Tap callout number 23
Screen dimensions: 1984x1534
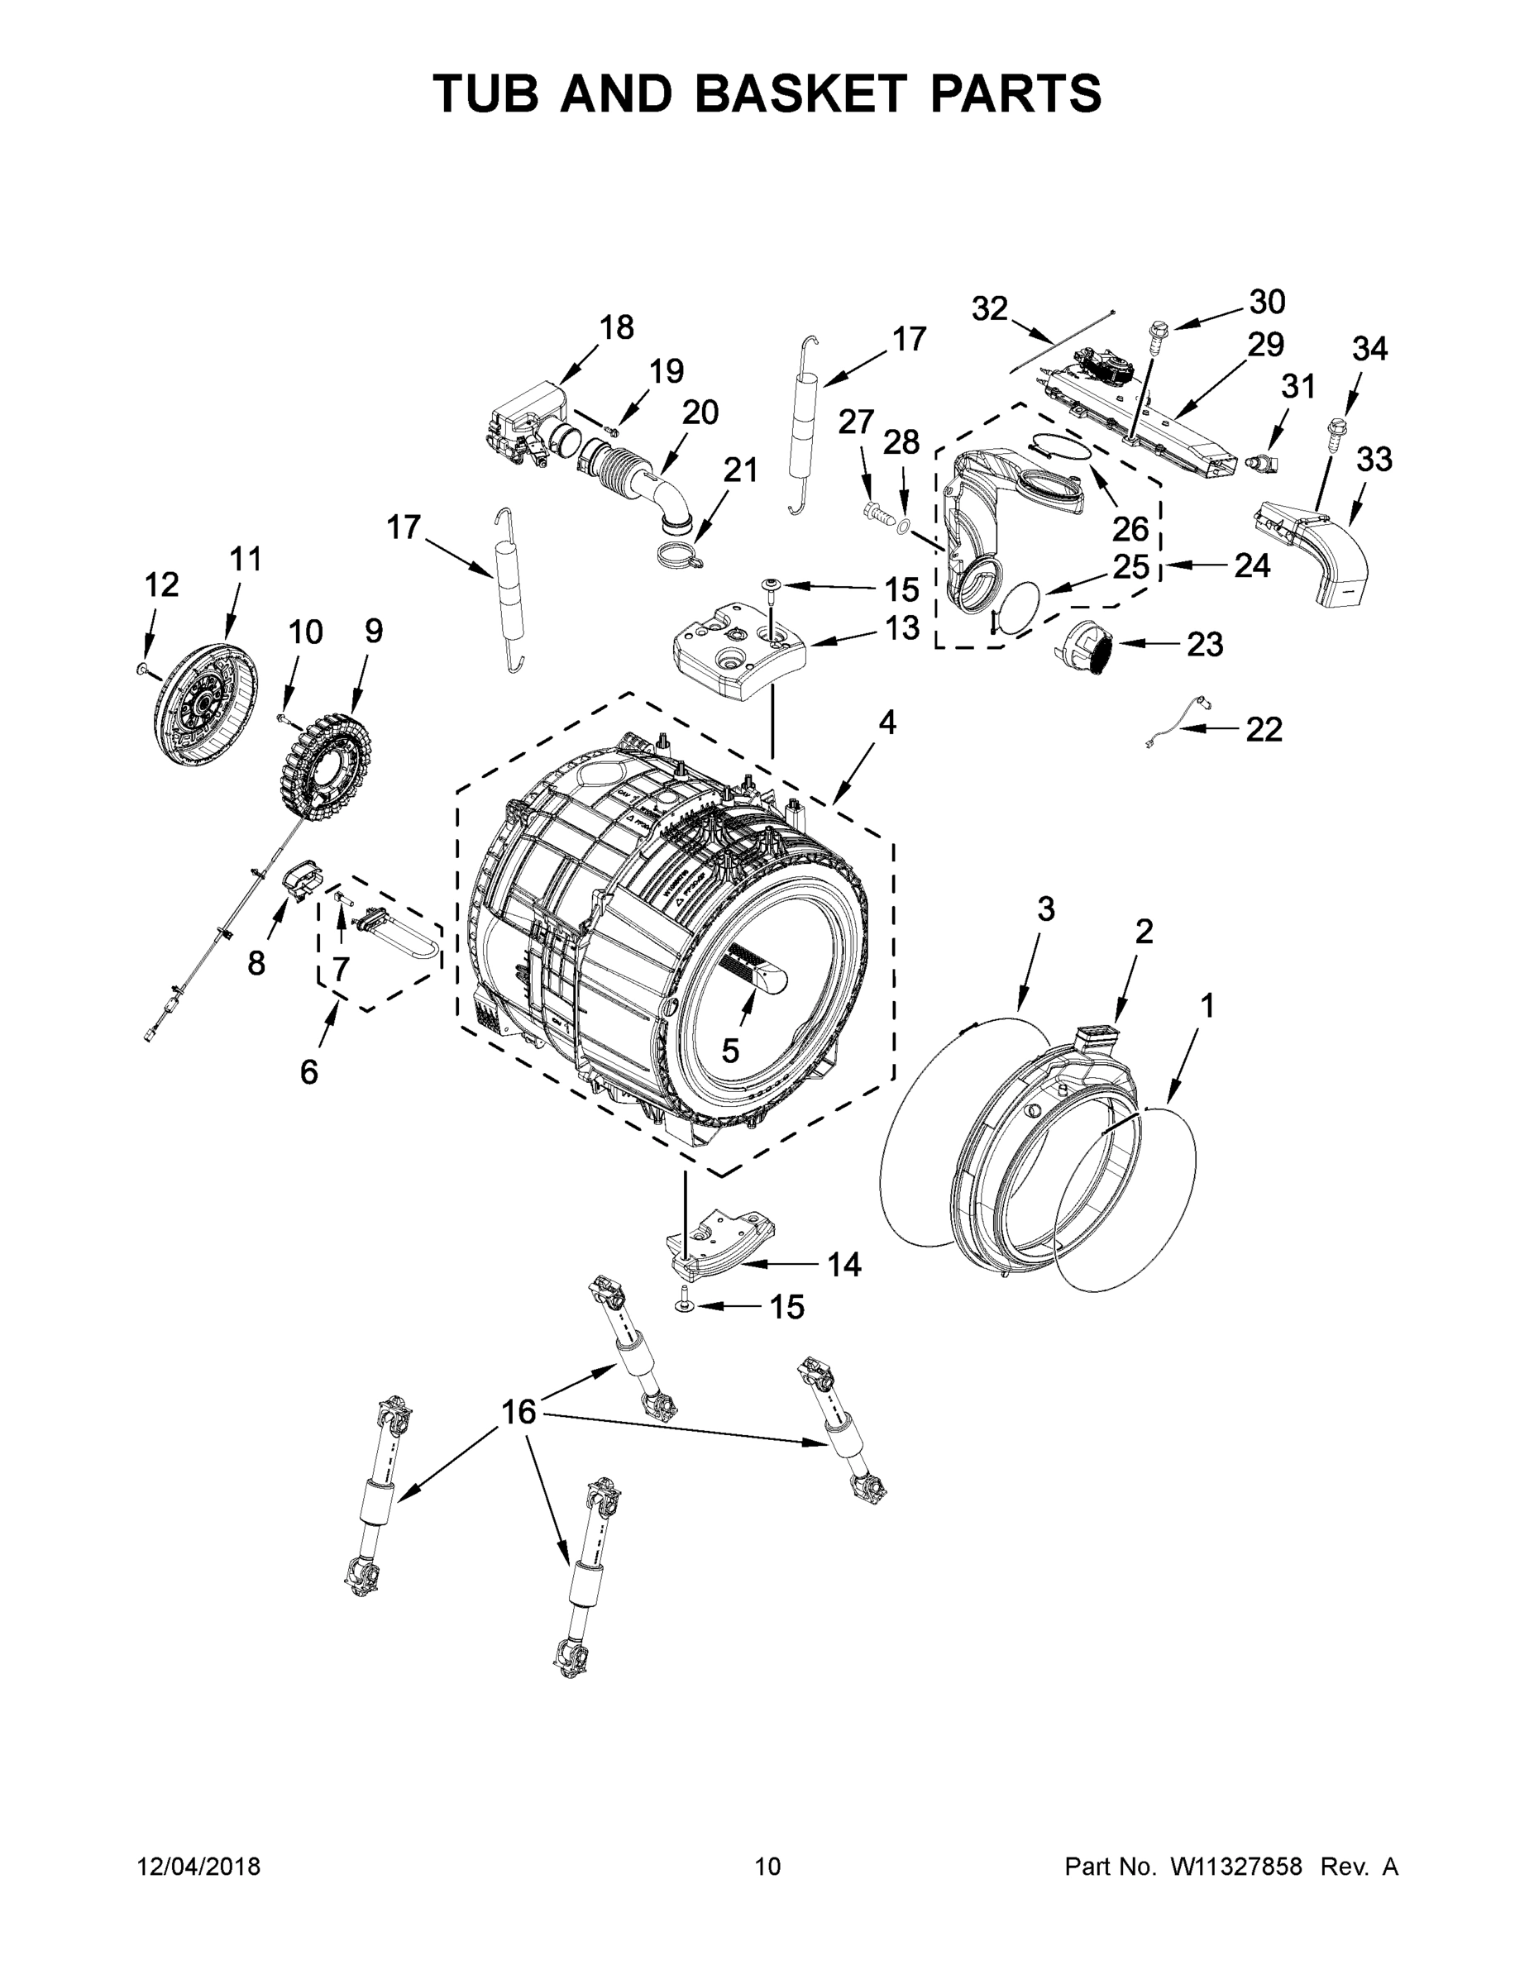1205,645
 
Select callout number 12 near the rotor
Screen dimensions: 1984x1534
161,585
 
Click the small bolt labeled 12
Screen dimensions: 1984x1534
141,670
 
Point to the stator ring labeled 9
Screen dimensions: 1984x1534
323,763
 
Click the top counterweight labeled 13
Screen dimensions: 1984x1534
738,650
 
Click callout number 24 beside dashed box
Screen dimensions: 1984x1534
1251,566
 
